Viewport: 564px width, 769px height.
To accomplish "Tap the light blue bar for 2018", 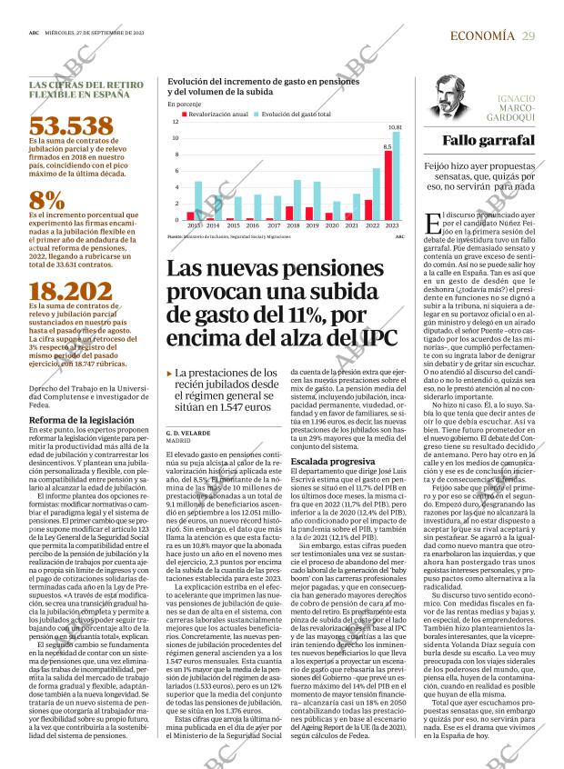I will (x=297, y=200).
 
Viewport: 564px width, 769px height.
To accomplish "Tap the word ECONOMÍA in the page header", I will (x=482, y=35).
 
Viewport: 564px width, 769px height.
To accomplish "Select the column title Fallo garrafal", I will (x=488, y=140).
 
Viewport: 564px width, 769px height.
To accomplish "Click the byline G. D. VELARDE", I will (x=188, y=433).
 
